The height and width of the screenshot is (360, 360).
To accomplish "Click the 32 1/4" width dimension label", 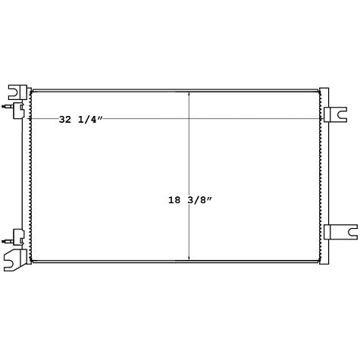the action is click(x=81, y=120).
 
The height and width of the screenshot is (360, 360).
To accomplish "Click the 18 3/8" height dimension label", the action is click(x=190, y=200).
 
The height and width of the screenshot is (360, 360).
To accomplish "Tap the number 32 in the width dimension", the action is click(x=65, y=120).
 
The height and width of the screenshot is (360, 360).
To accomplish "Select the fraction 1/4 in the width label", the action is click(x=87, y=120).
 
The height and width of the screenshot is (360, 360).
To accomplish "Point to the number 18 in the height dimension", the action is click(x=174, y=200).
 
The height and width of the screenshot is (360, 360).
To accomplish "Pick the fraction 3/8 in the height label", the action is click(x=196, y=200).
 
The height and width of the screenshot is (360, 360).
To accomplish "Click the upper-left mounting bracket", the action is click(x=17, y=92).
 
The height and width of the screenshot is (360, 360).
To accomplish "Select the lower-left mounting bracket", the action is click(x=16, y=260).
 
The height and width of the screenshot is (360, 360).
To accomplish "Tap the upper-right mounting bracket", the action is click(x=335, y=114).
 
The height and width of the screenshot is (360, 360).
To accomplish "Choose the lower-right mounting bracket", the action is click(x=341, y=232).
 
